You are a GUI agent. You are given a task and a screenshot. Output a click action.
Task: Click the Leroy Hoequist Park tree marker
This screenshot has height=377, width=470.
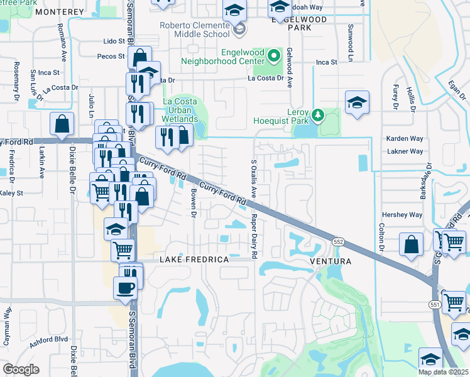pos(318,115)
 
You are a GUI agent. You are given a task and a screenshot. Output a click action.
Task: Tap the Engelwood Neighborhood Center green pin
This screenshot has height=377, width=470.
pos(273,56)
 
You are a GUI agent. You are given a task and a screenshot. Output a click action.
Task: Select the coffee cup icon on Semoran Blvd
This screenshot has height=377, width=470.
pos(125,288)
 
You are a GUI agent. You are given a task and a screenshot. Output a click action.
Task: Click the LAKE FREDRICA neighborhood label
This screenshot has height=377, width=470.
pos(189,260)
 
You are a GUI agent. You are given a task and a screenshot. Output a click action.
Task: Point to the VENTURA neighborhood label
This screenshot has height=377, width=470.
pos(329,261)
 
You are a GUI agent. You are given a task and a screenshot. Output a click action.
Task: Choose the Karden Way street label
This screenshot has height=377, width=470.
pos(405,138)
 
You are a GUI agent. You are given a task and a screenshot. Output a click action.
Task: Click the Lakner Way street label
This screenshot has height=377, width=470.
pos(405,151)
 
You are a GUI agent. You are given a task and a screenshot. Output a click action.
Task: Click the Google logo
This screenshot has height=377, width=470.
pos(21,369)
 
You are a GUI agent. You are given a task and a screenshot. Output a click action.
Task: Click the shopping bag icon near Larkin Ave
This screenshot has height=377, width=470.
pos(62,124)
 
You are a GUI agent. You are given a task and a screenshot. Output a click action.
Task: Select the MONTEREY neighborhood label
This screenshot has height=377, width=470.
pos(60,12)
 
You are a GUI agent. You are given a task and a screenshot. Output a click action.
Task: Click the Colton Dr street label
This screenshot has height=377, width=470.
pos(381,239)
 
